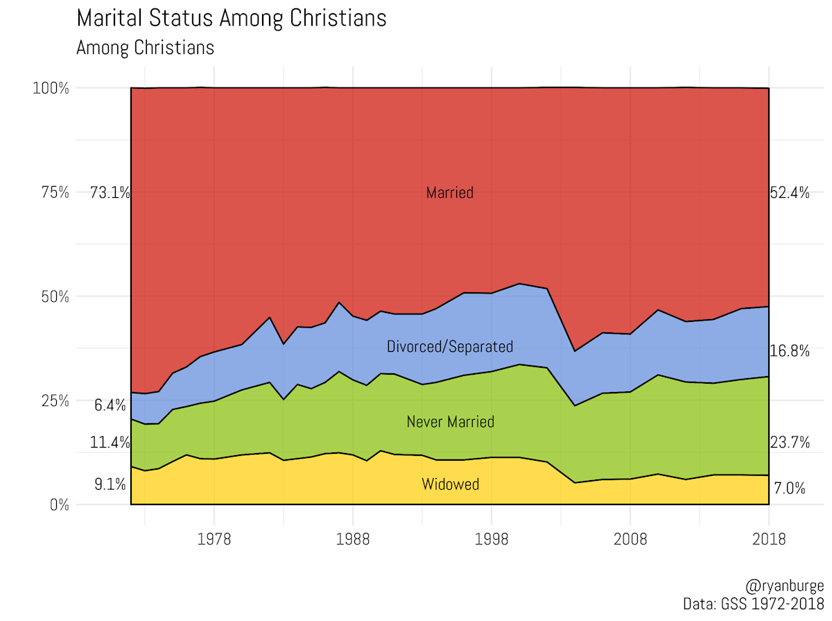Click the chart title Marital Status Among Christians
click(231, 19)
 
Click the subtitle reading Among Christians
click(145, 48)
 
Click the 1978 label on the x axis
click(214, 539)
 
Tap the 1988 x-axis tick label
click(352, 539)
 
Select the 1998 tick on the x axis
click(491, 539)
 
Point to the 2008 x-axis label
click(630, 539)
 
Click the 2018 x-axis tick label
click(768, 539)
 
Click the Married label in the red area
click(450, 193)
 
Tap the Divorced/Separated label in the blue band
click(450, 346)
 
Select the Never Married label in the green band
click(450, 422)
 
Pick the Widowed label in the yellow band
click(450, 484)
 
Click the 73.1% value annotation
click(110, 194)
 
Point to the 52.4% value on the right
click(790, 194)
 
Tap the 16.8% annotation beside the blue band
click(790, 351)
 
